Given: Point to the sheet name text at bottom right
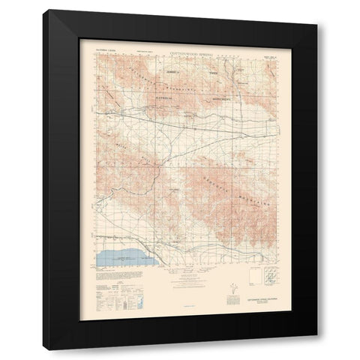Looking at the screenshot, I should (257, 302).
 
